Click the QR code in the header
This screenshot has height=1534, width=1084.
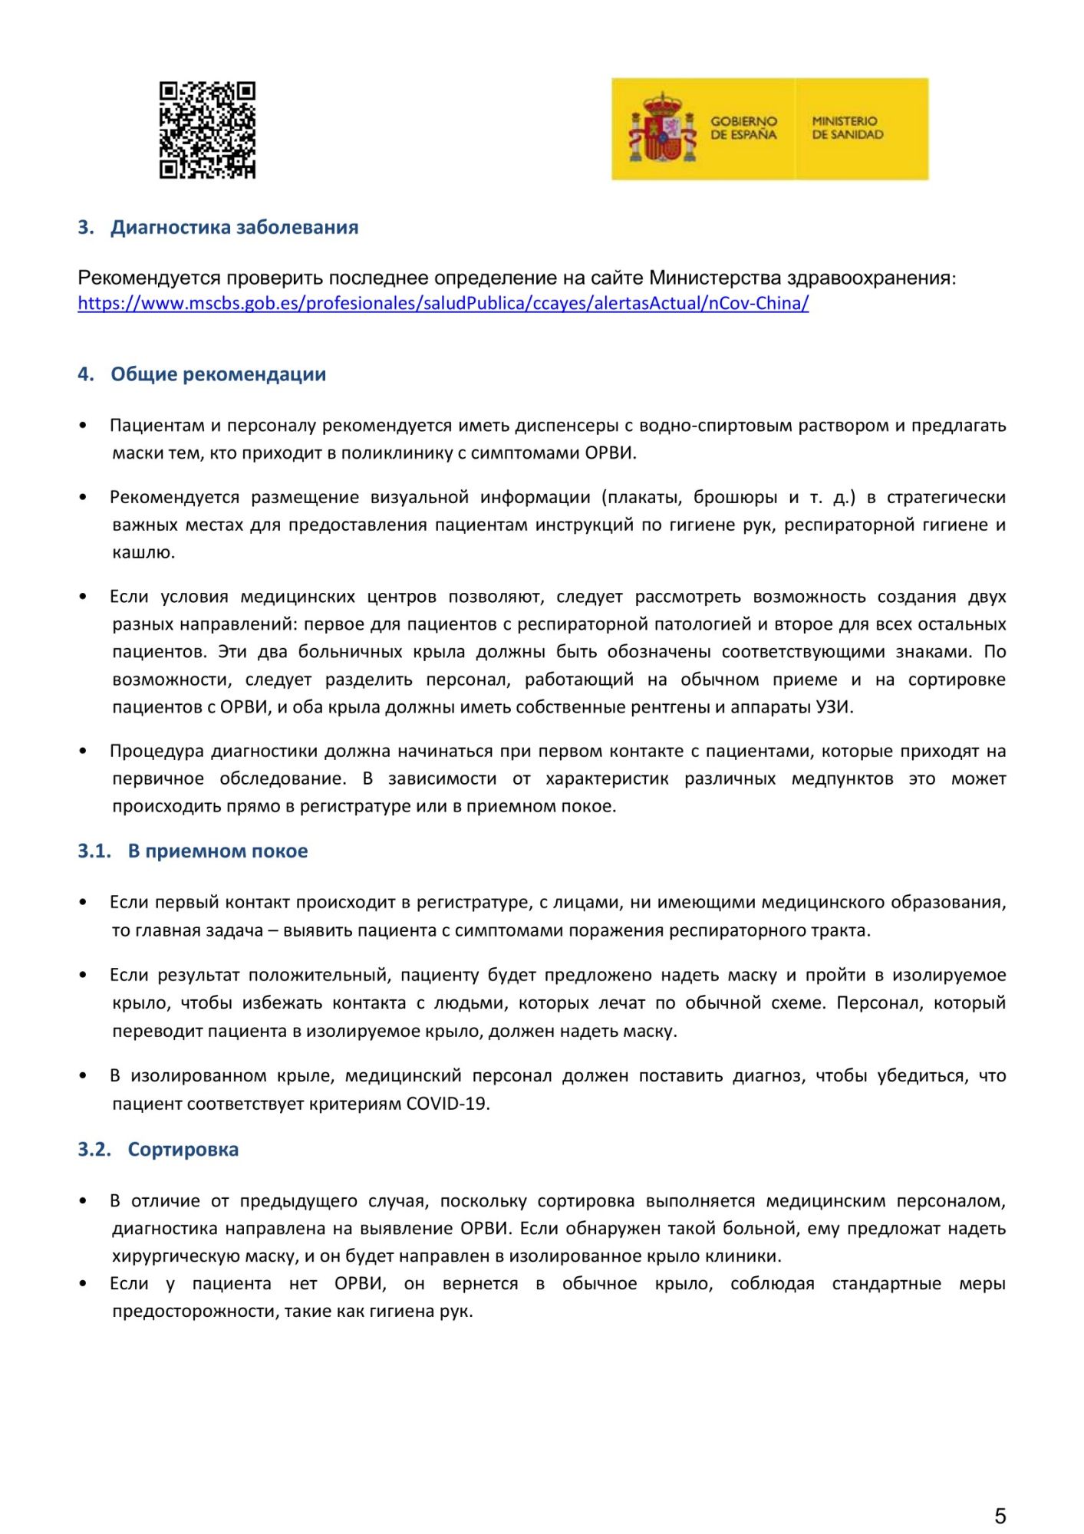pyautogui.click(x=207, y=130)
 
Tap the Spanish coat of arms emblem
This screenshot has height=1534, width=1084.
pyautogui.click(x=662, y=128)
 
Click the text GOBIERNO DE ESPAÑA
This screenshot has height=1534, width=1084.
pyautogui.click(x=743, y=128)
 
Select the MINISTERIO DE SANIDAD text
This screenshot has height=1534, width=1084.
pyautogui.click(x=847, y=128)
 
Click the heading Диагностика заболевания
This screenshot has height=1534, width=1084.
pyautogui.click(x=234, y=227)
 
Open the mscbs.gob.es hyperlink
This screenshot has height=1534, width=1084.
pyautogui.click(x=443, y=303)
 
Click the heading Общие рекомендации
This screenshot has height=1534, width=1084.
pyautogui.click(x=218, y=374)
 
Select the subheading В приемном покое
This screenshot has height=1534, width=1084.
pyautogui.click(x=217, y=851)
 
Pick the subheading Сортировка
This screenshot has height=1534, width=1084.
pyautogui.click(x=183, y=1150)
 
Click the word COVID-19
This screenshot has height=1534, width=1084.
pyautogui.click(x=446, y=1104)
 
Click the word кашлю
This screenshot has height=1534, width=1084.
pyautogui.click(x=143, y=552)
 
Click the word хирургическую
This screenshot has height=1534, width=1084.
pyautogui.click(x=169, y=1256)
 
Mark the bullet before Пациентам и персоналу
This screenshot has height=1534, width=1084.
pyautogui.click(x=83, y=426)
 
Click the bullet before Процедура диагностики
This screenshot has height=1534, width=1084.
pyautogui.click(x=83, y=752)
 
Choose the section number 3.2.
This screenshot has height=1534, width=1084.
pyautogui.click(x=94, y=1150)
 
